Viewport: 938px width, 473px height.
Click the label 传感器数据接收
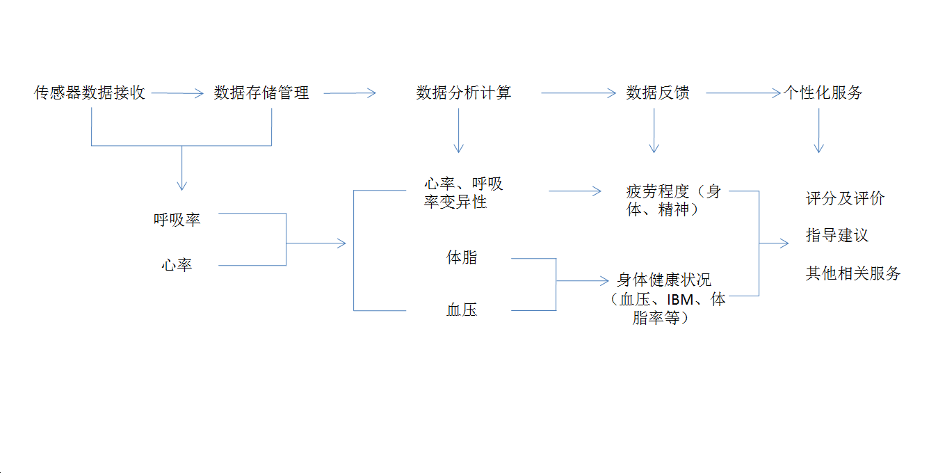pos(90,93)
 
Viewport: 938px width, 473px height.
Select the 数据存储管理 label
pos(261,93)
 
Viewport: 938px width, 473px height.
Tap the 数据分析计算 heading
pos(464,93)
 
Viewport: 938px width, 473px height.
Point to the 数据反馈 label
pos(657,93)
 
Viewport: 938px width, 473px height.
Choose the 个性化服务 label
pos(823,93)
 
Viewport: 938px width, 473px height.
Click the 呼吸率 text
pos(177,220)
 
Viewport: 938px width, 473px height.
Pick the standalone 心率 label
pos(177,265)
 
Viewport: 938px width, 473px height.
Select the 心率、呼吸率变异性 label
pos(463,193)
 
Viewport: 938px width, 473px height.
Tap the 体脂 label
pos(462,257)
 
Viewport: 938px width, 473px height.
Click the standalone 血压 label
pos(462,310)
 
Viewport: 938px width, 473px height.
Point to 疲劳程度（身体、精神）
pos(672,200)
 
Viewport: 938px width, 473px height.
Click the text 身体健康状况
pos(664,280)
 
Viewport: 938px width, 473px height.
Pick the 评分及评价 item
pos(845,199)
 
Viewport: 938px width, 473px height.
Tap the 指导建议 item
pos(837,236)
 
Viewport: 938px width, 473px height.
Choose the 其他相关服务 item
pos(852,273)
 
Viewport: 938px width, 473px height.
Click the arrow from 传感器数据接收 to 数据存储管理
pos(177,93)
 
